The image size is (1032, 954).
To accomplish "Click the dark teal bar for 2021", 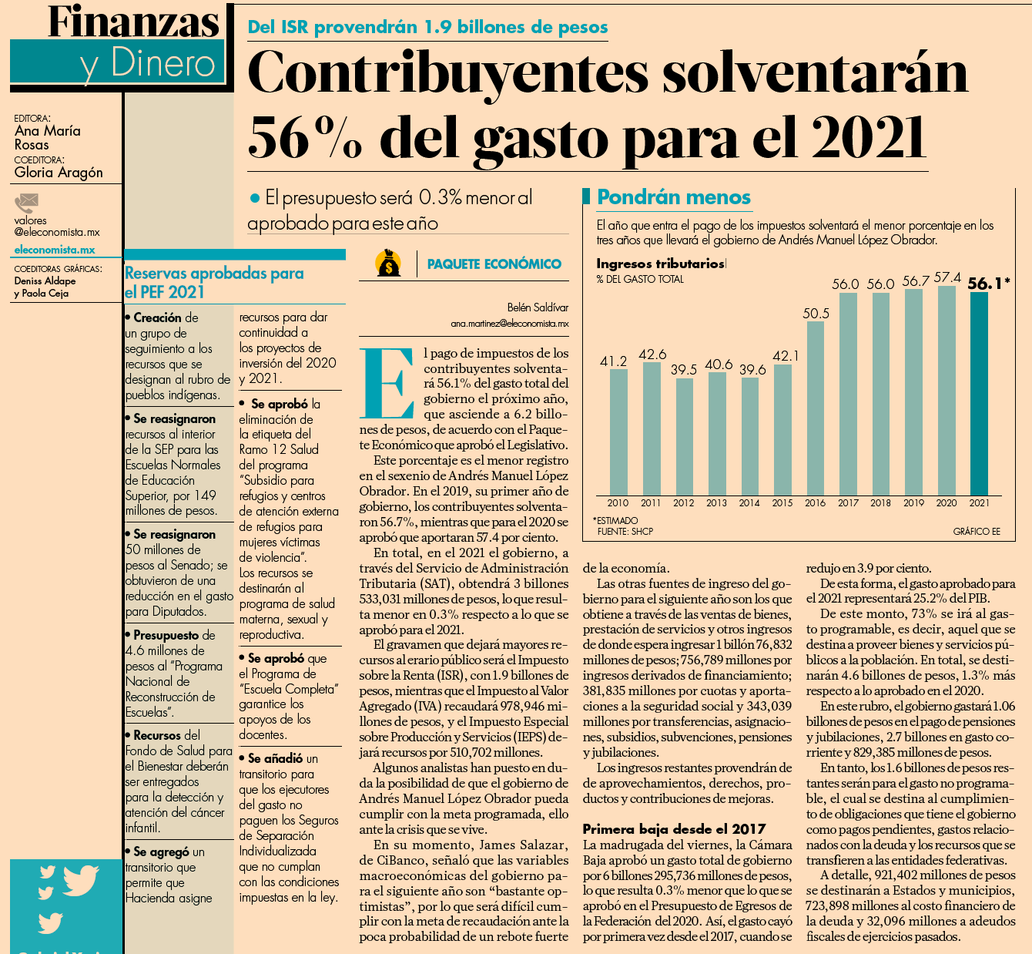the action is tap(979, 394).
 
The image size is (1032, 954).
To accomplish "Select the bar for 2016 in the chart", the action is tap(816, 408).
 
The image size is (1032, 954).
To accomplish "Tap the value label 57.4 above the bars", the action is tap(947, 277).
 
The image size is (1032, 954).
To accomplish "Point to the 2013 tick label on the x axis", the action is tap(716, 503).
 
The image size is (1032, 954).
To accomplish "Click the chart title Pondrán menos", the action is tap(673, 197).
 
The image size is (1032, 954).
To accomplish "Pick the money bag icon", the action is tap(388, 263).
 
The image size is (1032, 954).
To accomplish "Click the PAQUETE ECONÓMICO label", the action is tap(494, 264).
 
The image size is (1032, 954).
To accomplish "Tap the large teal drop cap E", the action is tap(387, 383).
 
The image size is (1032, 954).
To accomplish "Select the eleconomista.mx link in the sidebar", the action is tap(55, 250).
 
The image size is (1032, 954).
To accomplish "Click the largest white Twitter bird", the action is tap(81, 880).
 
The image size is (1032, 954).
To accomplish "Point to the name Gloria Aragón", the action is tap(59, 173).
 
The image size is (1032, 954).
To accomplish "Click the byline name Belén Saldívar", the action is tap(538, 307).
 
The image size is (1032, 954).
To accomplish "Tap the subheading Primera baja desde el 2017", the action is tap(674, 829).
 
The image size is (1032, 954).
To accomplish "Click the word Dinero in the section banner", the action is tap(163, 64).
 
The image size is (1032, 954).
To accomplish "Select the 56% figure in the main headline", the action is tap(305, 137).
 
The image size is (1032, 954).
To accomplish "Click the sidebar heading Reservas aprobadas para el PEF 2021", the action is tap(214, 283).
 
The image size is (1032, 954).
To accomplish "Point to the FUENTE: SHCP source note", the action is tap(625, 532).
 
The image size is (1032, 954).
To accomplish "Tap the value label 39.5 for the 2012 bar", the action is tap(684, 369).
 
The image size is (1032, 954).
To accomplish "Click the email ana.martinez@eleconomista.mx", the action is tap(510, 324).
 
